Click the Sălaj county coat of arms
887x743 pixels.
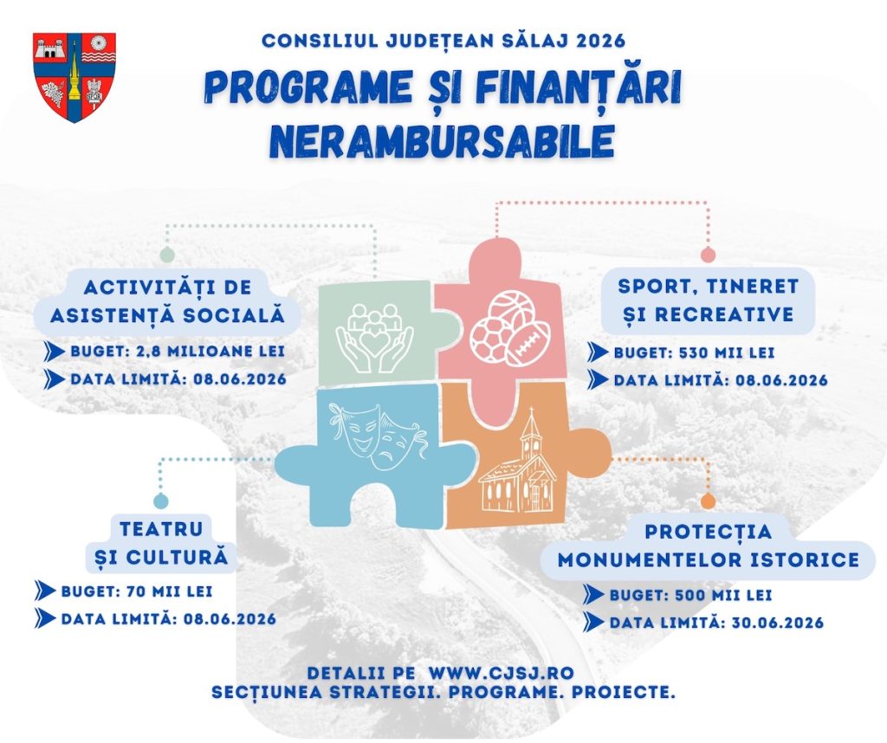(74, 77)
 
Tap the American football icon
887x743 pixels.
(528, 343)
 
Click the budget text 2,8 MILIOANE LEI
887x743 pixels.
(210, 351)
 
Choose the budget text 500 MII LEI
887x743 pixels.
(723, 596)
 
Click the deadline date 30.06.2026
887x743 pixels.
(778, 623)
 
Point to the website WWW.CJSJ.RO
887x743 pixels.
(502, 674)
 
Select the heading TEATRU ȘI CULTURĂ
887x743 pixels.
(161, 544)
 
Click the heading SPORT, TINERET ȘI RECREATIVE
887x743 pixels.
(708, 300)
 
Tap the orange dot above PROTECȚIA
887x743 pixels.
(708, 501)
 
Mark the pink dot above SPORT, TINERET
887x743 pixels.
(708, 255)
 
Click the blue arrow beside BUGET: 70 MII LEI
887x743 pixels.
(45, 591)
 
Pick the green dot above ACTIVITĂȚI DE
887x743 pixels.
(167, 255)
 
